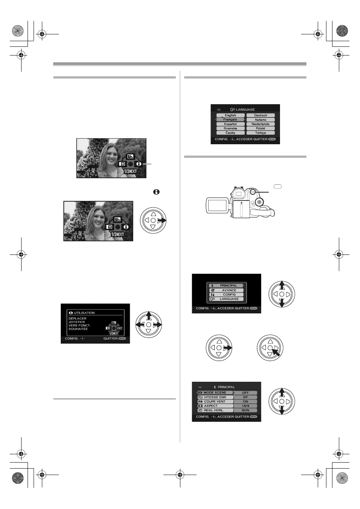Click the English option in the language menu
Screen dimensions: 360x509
[230, 115]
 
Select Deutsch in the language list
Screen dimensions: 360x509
[260, 115]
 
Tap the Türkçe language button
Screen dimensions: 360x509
[260, 133]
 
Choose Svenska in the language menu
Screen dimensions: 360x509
[230, 128]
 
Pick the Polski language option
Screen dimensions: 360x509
[260, 128]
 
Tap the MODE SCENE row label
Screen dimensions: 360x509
[215, 393]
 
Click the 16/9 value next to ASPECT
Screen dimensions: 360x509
[246, 406]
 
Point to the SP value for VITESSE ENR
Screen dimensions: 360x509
[246, 397]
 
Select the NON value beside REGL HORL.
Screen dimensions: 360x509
[246, 410]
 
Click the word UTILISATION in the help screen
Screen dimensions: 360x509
[84, 313]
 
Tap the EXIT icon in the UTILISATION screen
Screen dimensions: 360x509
[120, 328]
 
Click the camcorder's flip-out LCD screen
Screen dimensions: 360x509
[217, 205]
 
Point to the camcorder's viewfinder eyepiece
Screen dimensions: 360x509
[238, 194]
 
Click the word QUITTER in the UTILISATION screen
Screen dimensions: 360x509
[111, 338]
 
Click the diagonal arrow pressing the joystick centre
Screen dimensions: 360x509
[276, 353]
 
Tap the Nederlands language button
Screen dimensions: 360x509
[260, 124]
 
